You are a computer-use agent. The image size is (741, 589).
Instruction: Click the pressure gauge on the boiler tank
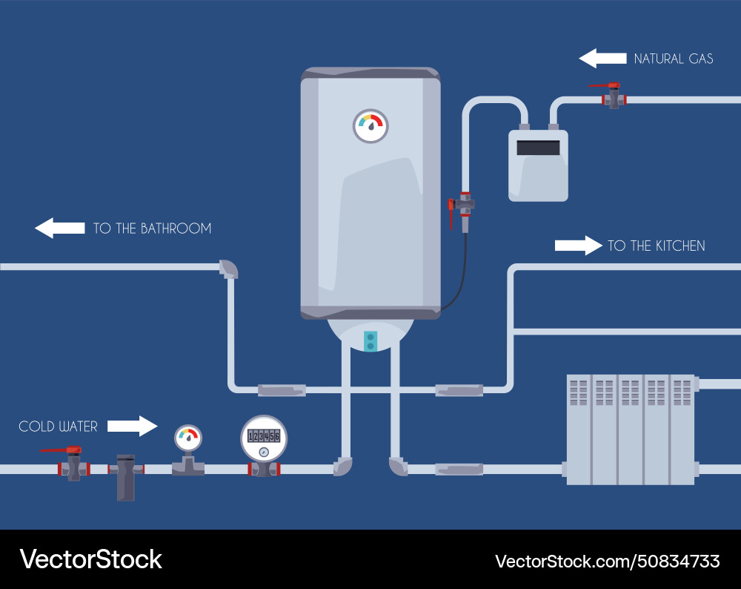pos(370,125)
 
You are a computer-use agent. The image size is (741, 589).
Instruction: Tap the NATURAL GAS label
pos(674,59)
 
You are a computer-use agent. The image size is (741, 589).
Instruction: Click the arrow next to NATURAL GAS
pos(602,59)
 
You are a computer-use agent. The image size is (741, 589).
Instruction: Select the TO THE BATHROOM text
pos(152,228)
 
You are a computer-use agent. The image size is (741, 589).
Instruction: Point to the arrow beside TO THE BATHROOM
pos(59,228)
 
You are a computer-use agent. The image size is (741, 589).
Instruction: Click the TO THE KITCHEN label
pos(656,246)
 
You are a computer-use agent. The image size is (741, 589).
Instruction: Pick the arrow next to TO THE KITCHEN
pos(579,246)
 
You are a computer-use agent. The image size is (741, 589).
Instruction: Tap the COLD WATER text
pos(58,427)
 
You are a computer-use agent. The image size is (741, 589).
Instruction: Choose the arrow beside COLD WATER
pos(133,426)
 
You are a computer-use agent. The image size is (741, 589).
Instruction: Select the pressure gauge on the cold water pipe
pos(188,438)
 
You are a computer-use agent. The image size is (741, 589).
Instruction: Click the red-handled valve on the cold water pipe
pos(73,464)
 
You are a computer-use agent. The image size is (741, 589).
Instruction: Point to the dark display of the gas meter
pos(538,148)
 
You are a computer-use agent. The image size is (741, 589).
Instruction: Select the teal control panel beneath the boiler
pos(370,340)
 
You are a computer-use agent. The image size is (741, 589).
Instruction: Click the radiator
pos(631,430)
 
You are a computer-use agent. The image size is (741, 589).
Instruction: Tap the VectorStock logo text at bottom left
pos(90,559)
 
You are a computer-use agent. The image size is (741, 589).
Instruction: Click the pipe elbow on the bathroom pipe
pos(229,269)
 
